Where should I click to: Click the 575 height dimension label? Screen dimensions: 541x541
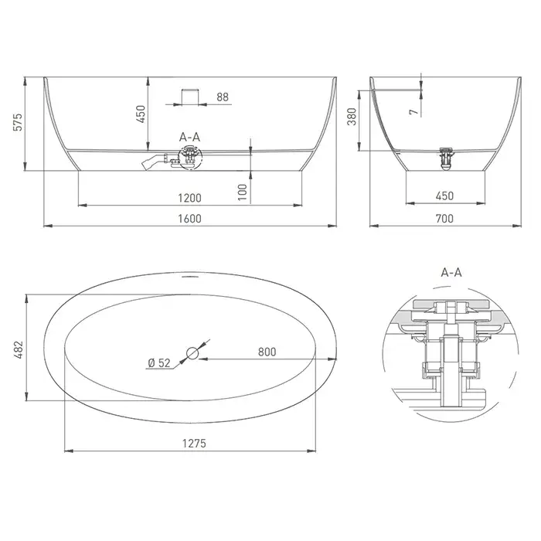pyautogui.click(x=18, y=122)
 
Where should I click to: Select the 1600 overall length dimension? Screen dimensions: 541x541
pyautogui.click(x=189, y=219)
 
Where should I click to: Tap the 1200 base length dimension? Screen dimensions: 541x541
pyautogui.click(x=189, y=198)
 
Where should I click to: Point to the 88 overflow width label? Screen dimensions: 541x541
pyautogui.click(x=223, y=97)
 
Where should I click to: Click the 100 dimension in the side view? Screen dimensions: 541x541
pyautogui.click(x=243, y=192)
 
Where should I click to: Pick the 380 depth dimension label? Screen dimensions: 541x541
pyautogui.click(x=352, y=117)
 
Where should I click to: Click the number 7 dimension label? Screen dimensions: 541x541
pyautogui.click(x=413, y=112)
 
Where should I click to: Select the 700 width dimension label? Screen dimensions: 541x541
pyautogui.click(x=444, y=219)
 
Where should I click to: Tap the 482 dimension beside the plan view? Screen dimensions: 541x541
pyautogui.click(x=18, y=349)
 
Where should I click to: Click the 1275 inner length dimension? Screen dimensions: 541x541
pyautogui.click(x=194, y=443)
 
